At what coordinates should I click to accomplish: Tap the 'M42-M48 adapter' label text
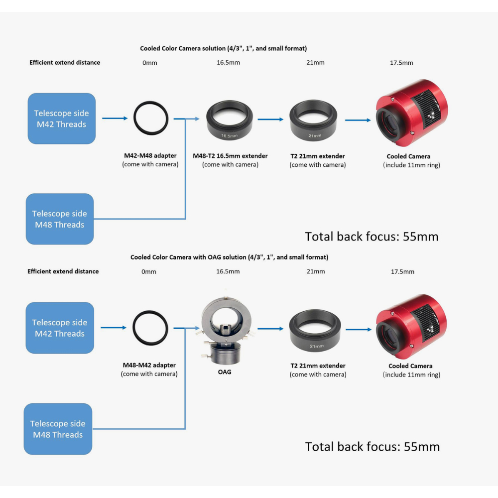(x=150, y=156)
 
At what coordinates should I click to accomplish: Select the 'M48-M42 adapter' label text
(x=149, y=366)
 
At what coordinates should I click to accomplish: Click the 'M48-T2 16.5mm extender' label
(x=230, y=156)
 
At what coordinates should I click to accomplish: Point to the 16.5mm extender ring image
(x=230, y=121)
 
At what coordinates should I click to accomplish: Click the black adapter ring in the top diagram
(x=151, y=119)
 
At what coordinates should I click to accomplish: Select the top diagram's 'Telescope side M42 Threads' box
(x=61, y=119)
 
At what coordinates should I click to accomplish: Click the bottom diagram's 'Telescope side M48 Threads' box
(x=58, y=429)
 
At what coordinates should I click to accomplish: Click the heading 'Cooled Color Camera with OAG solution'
(x=229, y=257)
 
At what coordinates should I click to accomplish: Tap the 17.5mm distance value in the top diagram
(x=401, y=63)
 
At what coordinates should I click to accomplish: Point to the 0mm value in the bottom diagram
(x=148, y=271)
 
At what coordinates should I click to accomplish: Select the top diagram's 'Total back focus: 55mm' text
(x=372, y=236)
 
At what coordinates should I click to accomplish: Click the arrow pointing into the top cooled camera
(x=358, y=120)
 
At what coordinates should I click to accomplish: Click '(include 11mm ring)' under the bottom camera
(x=411, y=374)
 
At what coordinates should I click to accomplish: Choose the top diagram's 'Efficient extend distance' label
(x=65, y=62)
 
